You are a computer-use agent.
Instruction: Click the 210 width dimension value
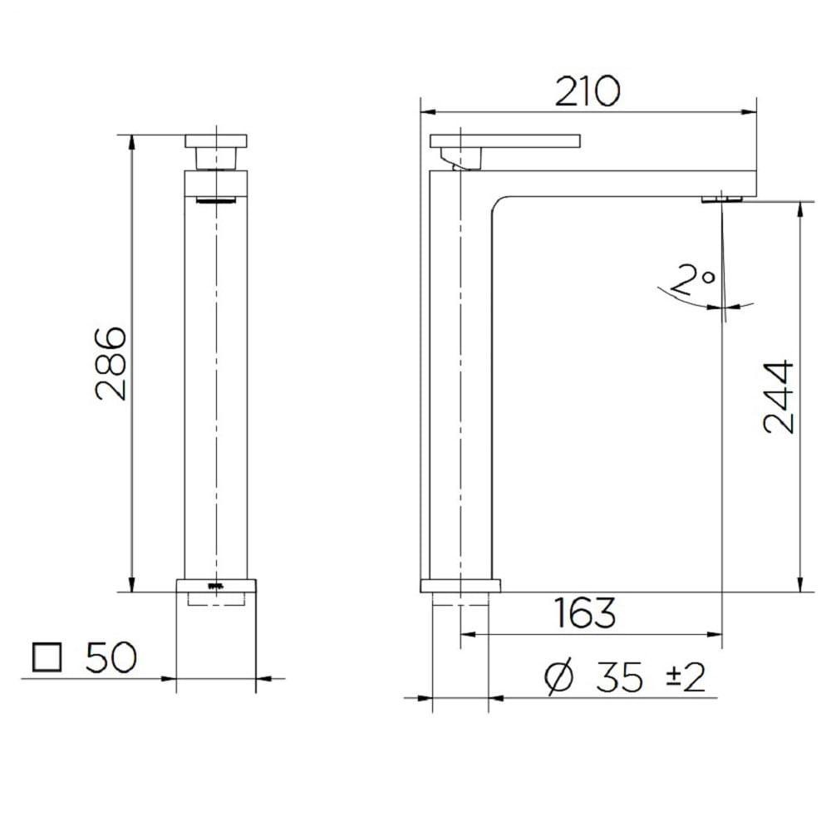[x=588, y=91]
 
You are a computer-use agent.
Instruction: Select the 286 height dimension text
[x=111, y=363]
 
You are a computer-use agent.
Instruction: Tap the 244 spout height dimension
[x=779, y=396]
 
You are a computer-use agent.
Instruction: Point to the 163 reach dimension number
[x=585, y=613]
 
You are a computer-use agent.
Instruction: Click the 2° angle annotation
[x=695, y=282]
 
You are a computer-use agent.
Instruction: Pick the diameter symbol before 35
[x=560, y=678]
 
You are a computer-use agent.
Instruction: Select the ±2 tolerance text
[x=686, y=678]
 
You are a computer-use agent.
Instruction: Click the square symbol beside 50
[x=48, y=658]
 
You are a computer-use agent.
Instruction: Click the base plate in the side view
[x=461, y=585]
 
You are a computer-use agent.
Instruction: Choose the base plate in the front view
[x=216, y=585]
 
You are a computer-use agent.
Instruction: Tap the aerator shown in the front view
[x=216, y=200]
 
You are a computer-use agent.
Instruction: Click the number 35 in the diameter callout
[x=619, y=678]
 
